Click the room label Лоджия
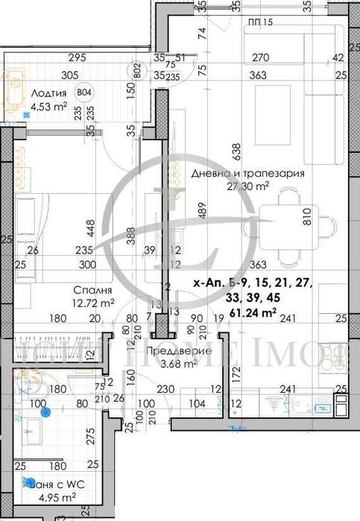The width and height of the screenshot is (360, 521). pyautogui.click(x=50, y=93)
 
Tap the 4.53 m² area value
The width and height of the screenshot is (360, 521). pyautogui.click(x=48, y=107)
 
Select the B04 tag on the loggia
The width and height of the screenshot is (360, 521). pyautogui.click(x=86, y=93)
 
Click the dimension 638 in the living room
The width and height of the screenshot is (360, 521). pyautogui.click(x=236, y=151)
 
